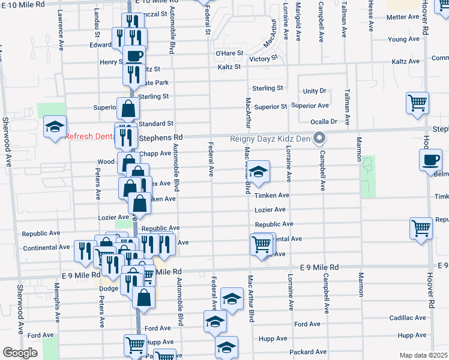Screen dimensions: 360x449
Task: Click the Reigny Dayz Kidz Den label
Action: (x=270, y=139)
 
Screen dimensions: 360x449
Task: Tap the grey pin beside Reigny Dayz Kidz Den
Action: (x=320, y=138)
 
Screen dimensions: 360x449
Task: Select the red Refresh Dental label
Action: (x=90, y=136)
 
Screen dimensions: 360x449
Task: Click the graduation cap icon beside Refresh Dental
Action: (x=55, y=127)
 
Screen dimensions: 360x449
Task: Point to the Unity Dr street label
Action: (x=315, y=91)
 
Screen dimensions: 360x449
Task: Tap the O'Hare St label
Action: (x=229, y=53)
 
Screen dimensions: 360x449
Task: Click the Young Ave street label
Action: (x=403, y=40)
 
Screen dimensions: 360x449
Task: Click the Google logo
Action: (x=20, y=353)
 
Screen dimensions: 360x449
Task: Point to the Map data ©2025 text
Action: (x=423, y=355)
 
